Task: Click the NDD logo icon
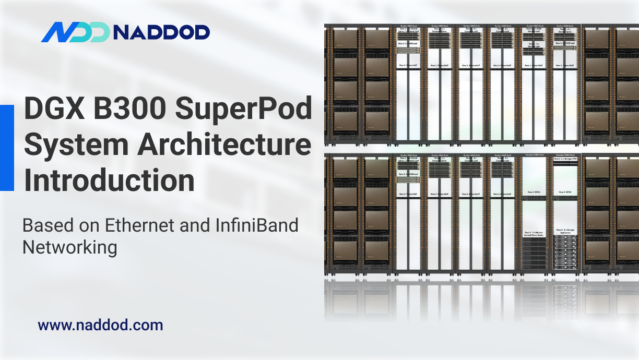pyautogui.click(x=75, y=32)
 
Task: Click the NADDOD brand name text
pyautogui.click(x=161, y=33)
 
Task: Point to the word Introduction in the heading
pyautogui.click(x=110, y=181)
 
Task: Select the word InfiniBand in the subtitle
pyautogui.click(x=257, y=225)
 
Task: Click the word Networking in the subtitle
pyautogui.click(x=69, y=247)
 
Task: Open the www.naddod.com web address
pyautogui.click(x=100, y=326)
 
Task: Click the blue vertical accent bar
pyautogui.click(x=7, y=148)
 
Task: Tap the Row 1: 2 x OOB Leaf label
pyautogui.click(x=409, y=44)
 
